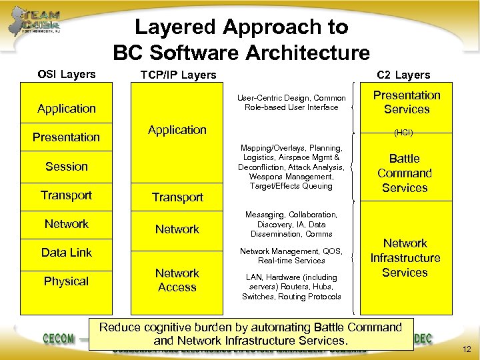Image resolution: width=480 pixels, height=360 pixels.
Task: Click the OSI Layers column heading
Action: (66, 74)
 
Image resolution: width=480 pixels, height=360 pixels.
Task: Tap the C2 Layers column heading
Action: (403, 75)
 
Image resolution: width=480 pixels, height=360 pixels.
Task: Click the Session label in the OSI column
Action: (66, 166)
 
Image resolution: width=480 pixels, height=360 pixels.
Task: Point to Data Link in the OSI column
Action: (66, 252)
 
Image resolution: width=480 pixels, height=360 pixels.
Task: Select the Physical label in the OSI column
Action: (66, 281)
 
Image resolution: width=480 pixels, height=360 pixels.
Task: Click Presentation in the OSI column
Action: (66, 137)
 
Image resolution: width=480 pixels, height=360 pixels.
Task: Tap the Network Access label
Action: (177, 280)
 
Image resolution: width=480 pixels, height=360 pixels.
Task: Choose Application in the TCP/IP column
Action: (177, 129)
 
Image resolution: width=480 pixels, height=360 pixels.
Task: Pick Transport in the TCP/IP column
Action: (177, 197)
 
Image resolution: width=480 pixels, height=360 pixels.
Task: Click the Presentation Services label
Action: (406, 102)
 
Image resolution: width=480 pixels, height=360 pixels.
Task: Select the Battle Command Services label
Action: (405, 173)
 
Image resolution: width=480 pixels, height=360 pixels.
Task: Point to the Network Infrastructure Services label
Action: (405, 258)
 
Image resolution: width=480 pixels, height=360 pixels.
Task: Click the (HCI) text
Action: (403, 133)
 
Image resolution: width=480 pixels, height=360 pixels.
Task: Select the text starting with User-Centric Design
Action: (291, 103)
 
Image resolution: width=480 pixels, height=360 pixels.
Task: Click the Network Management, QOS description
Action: (291, 255)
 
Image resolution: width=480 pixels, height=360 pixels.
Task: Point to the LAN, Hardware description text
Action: (291, 287)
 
